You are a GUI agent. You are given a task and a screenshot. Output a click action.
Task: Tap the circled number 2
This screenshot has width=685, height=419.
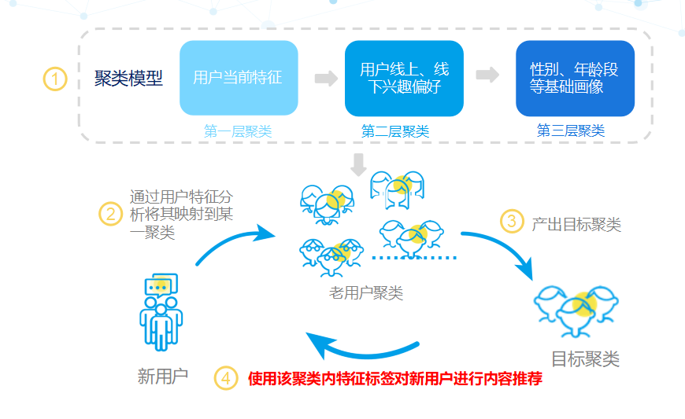(111, 213)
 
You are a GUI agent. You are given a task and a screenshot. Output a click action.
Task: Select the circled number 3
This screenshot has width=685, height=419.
(512, 222)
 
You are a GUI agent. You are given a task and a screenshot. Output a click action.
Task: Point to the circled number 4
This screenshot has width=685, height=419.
(226, 378)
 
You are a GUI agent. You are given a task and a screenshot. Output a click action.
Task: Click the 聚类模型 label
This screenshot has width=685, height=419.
(128, 79)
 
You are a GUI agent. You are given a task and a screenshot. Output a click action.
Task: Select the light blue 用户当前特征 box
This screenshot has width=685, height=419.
(239, 78)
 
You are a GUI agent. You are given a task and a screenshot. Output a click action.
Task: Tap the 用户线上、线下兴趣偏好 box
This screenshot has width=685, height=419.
(404, 78)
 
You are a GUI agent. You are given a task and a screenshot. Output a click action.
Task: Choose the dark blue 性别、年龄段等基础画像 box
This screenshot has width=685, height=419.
(575, 78)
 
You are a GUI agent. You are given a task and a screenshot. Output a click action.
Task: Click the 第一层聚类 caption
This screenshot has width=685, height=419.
(238, 132)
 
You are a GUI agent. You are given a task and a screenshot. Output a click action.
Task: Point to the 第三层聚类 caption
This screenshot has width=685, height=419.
(571, 131)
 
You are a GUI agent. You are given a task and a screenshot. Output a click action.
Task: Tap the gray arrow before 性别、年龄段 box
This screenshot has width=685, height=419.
(488, 75)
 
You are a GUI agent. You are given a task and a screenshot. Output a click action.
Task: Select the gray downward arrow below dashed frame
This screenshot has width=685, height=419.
(359, 164)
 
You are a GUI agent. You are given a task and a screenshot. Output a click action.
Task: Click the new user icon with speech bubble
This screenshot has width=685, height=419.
(161, 311)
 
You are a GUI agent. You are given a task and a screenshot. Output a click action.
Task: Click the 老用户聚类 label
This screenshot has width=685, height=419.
(366, 294)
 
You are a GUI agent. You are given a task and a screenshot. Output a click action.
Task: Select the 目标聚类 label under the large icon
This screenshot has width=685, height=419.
(585, 359)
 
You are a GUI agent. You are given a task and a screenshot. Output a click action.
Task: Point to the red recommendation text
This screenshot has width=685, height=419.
(395, 378)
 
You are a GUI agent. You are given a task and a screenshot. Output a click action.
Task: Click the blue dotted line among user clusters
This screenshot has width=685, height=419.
(414, 257)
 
